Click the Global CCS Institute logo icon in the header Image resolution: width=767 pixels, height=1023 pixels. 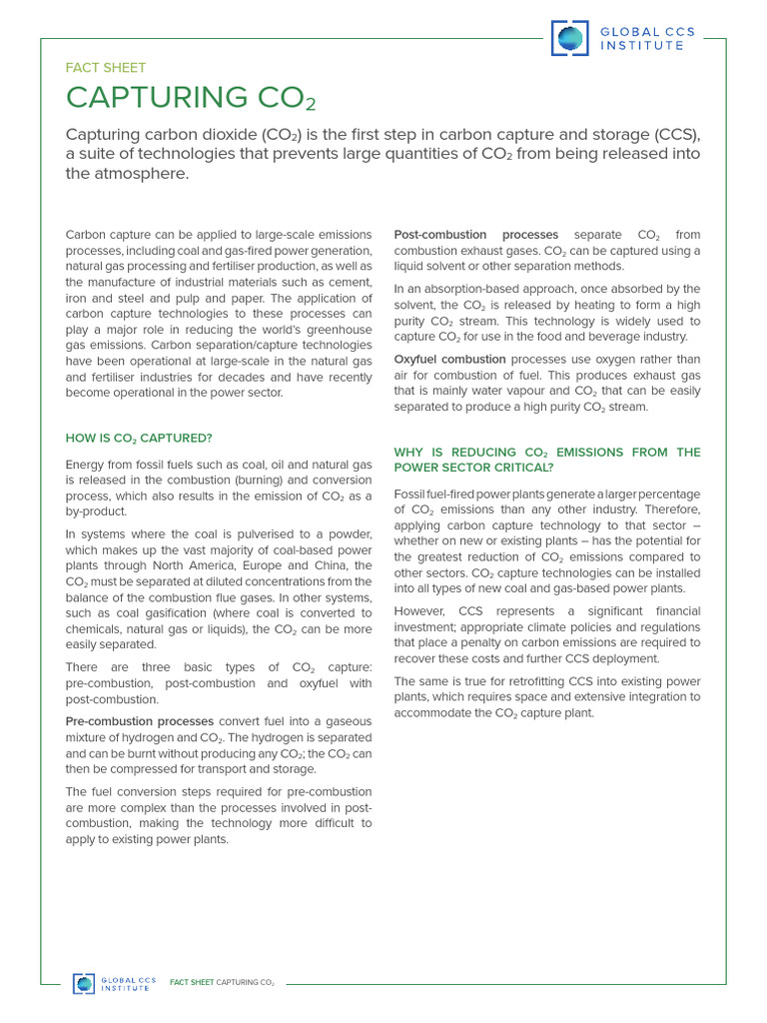tap(570, 38)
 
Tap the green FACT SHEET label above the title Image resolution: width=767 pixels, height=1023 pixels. tap(105, 68)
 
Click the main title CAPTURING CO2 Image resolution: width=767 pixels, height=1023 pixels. tap(191, 98)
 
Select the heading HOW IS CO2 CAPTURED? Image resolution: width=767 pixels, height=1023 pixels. tap(138, 438)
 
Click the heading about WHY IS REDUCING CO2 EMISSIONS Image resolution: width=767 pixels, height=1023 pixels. tap(546, 460)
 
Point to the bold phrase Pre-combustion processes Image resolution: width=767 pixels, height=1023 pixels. tap(140, 721)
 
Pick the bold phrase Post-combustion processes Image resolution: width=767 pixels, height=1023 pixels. tap(461, 235)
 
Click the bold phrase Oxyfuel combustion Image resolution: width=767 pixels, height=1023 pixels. tap(449, 359)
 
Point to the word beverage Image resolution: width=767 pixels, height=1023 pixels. tap(606, 337)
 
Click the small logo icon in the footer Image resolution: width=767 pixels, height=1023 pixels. tap(84, 983)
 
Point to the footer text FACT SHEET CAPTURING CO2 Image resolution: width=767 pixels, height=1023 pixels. tap(222, 983)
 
